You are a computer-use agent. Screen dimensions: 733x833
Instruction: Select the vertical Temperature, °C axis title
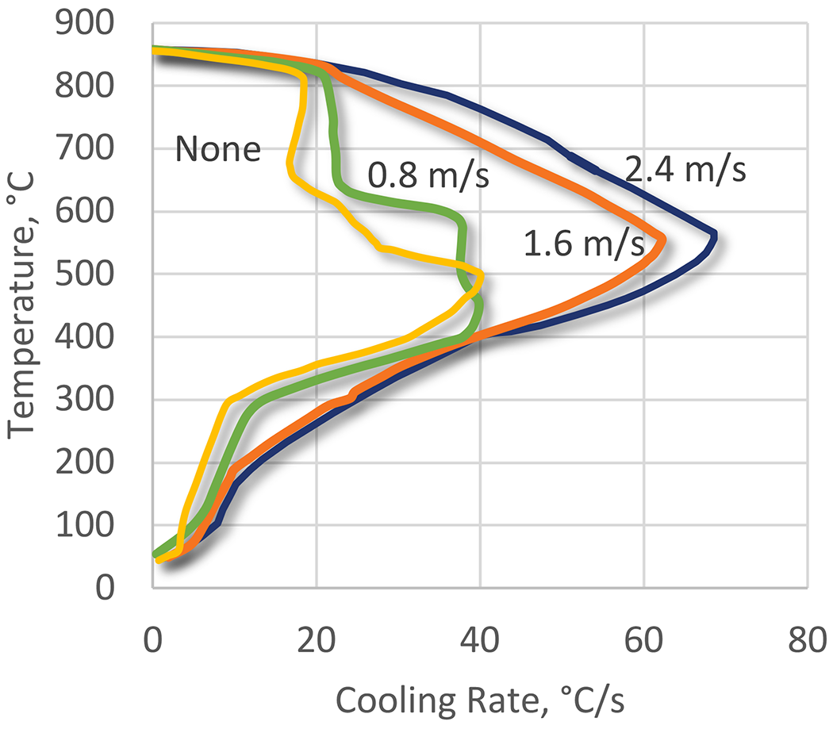click(x=25, y=305)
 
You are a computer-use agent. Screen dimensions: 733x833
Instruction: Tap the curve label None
click(x=218, y=149)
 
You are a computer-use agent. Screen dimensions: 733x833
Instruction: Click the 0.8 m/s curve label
click(x=428, y=176)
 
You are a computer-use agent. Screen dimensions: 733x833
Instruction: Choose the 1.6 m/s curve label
click(x=584, y=245)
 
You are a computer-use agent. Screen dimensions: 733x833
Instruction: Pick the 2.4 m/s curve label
click(x=684, y=169)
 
